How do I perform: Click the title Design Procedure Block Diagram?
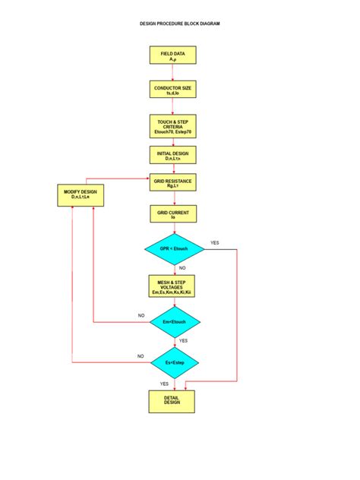(x=180, y=24)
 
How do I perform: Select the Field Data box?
(x=172, y=55)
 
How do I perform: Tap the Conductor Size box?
(x=172, y=90)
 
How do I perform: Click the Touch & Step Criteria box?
(x=172, y=125)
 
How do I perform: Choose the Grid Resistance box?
(x=172, y=183)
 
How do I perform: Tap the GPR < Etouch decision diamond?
(x=173, y=249)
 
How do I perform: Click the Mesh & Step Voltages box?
(x=172, y=286)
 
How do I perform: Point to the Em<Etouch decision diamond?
(x=173, y=322)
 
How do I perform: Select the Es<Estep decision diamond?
(x=173, y=362)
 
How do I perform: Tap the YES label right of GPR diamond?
(x=214, y=242)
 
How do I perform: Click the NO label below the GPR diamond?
(x=182, y=268)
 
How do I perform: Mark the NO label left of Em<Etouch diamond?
(x=141, y=315)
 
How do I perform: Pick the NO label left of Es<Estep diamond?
(x=141, y=355)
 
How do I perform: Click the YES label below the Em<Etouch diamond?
(x=183, y=341)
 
